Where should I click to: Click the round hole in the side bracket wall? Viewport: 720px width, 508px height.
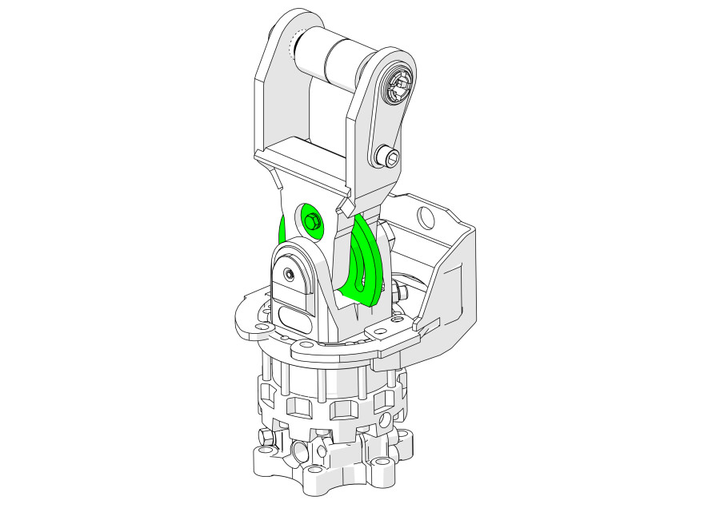pos(425,216)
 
